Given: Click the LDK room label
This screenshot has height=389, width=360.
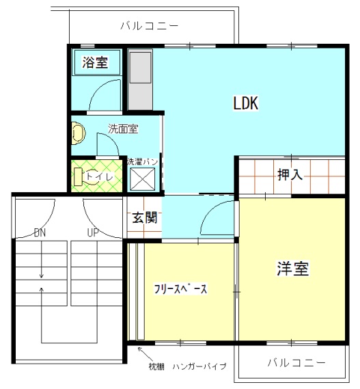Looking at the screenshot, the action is pos(246,103).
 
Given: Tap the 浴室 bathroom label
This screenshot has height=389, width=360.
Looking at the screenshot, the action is pos(95,62).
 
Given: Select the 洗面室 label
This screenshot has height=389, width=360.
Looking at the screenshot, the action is pos(123,129).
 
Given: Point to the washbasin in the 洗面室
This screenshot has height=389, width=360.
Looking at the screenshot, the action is pos(79,133).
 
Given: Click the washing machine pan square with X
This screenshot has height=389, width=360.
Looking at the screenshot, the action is pos(143,179).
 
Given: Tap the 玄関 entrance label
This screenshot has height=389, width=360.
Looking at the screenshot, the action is pos(145,217).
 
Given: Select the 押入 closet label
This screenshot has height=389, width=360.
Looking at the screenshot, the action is pos(290,174).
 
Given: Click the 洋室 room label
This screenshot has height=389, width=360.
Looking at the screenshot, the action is pos(293,268).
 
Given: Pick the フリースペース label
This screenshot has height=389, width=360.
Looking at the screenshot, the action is pos(180,289).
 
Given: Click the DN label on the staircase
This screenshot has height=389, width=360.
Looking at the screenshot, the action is pos(40,233).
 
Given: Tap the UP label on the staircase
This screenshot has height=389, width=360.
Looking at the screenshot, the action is pos(93,233).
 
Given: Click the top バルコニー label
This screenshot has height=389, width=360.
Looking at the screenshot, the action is pos(149,26).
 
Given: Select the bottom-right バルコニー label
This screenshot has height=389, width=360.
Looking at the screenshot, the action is pos(296,363).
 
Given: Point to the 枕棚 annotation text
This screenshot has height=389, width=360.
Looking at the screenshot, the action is pos(156,366).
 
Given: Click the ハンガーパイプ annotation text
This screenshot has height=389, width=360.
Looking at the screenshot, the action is pos(199,366).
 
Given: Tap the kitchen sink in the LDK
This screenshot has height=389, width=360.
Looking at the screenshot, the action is pos(140,68).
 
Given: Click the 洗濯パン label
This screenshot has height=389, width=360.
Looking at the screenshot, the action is pos(142,161).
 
